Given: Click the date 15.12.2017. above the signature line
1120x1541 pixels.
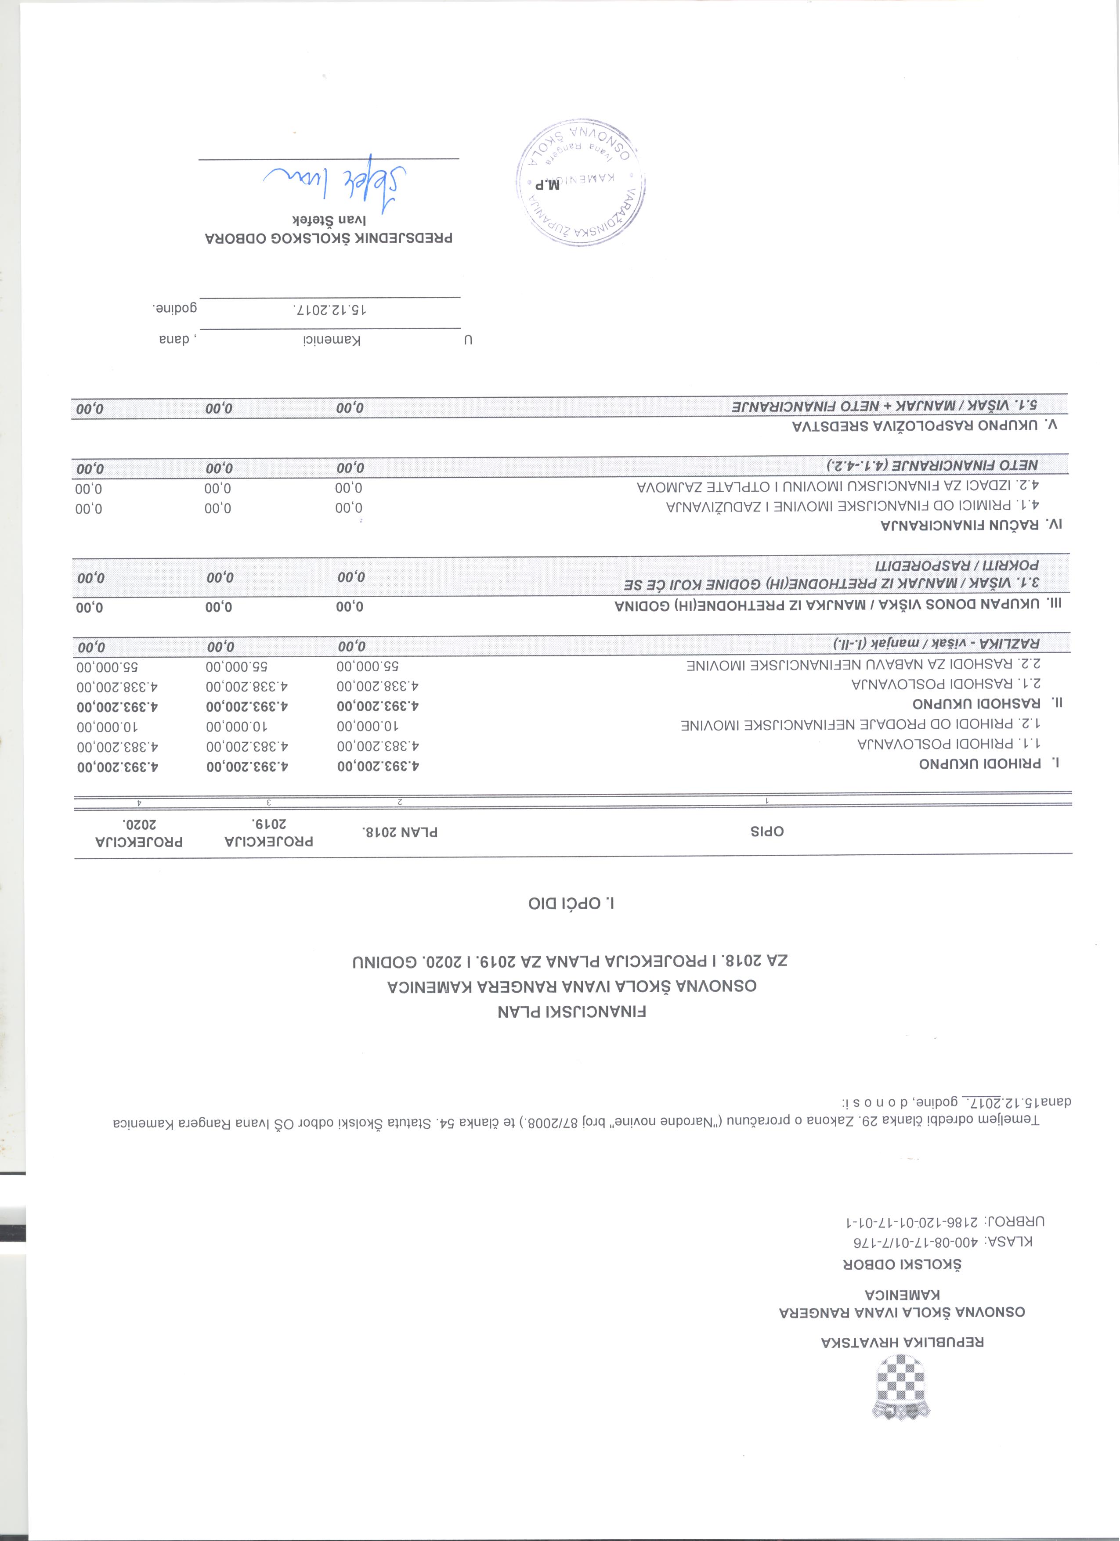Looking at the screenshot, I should [329, 309].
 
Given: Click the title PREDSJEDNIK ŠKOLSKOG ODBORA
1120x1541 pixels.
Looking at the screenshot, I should [329, 238].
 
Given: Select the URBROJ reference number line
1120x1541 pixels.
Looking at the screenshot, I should [945, 1222].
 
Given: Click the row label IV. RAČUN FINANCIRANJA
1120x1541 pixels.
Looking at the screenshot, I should [971, 525].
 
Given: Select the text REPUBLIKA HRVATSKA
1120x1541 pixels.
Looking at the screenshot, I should [903, 1342].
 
